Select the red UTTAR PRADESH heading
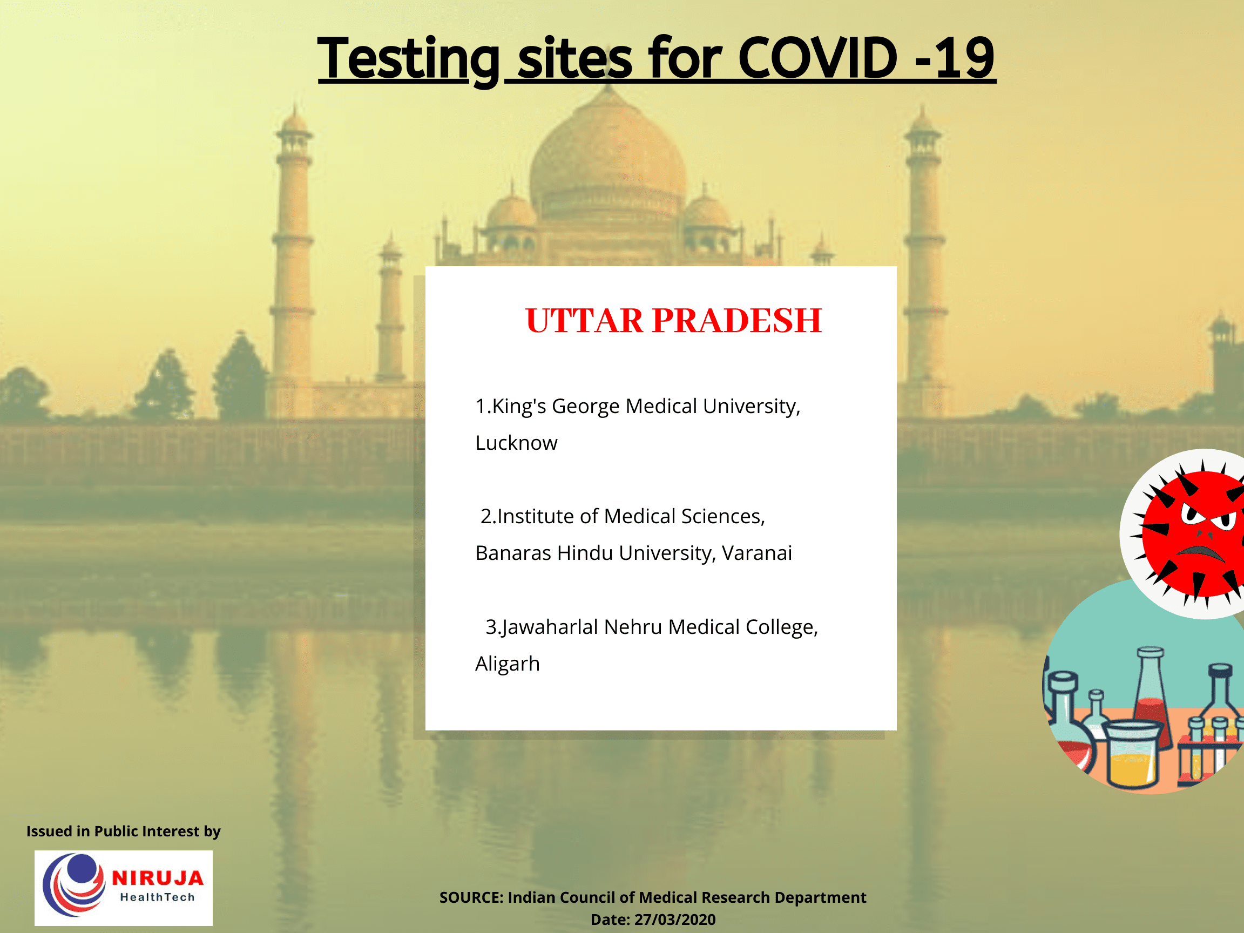pyautogui.click(x=673, y=321)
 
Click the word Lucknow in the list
pyautogui.click(x=516, y=443)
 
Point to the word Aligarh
pyautogui.click(x=508, y=664)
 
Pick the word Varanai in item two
pyautogui.click(x=757, y=553)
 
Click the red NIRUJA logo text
pyautogui.click(x=158, y=878)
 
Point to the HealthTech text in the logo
pyautogui.click(x=158, y=897)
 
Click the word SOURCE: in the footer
pyautogui.click(x=471, y=897)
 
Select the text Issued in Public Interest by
pyautogui.click(x=123, y=831)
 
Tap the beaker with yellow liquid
pyautogui.click(x=1132, y=756)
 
